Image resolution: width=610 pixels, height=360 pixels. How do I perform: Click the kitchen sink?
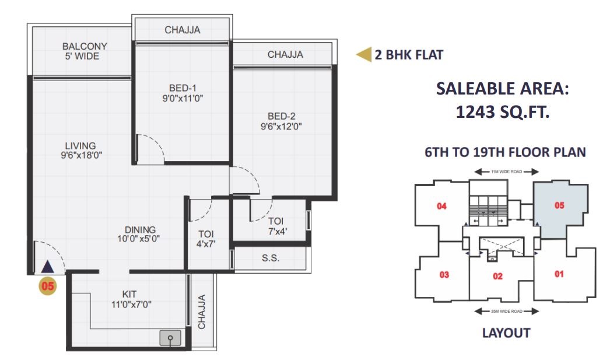coord(170,338)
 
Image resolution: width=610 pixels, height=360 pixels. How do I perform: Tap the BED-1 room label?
coord(183,88)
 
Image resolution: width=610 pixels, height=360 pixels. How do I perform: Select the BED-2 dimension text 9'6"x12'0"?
coord(281,127)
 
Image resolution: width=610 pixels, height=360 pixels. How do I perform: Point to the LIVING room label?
coord(80,145)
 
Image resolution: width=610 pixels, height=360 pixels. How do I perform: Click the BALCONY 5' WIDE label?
coord(85,51)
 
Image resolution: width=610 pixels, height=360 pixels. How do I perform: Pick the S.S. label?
coord(271,258)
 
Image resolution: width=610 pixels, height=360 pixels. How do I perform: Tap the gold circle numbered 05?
coord(47,286)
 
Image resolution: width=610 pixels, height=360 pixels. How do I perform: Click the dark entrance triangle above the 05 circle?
coord(47,267)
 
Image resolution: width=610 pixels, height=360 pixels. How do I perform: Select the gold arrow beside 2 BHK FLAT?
coord(364,54)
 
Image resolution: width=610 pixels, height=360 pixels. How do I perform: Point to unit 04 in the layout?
coord(441,206)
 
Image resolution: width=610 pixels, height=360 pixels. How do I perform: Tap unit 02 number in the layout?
coord(497,276)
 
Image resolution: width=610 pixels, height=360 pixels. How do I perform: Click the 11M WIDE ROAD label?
coord(507,172)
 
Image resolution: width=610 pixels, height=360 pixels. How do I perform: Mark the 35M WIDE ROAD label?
coord(507,312)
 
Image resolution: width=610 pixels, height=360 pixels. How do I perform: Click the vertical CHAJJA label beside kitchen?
coord(202,312)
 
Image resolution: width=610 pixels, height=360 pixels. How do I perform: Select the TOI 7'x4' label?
coord(276,226)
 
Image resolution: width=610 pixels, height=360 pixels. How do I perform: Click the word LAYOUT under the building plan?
coord(506,333)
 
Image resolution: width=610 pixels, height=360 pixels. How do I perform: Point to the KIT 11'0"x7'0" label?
coord(131,299)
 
